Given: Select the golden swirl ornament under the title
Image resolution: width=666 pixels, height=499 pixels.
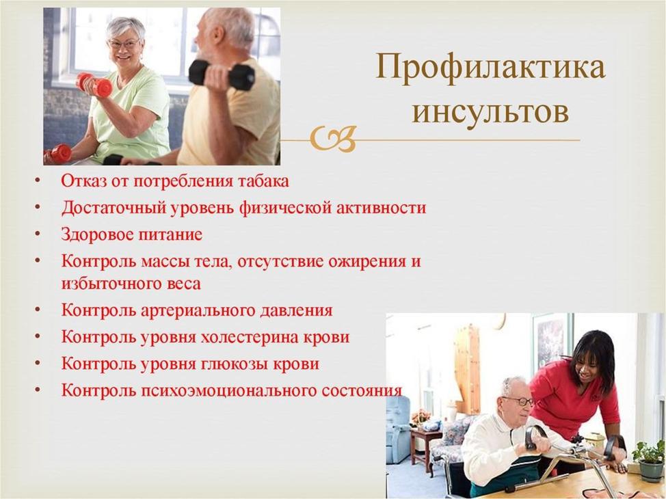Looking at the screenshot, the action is (333, 139).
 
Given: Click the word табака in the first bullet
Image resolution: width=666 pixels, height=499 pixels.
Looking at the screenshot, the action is (263, 181).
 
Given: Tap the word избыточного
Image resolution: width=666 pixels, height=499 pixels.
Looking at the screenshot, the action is (109, 284).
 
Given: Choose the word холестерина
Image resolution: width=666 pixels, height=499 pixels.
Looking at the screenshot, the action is (249, 337).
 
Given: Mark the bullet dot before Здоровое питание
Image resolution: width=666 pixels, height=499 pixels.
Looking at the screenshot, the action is (38, 235).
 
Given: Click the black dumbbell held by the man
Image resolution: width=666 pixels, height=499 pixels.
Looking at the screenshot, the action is (222, 75).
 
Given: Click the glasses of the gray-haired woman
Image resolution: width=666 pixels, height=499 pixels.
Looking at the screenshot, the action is (124, 43).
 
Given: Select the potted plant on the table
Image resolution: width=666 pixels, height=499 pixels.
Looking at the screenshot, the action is (650, 461).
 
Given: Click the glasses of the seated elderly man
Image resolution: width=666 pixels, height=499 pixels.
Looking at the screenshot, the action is (518, 401).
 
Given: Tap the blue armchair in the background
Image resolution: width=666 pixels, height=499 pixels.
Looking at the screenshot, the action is (398, 429).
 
